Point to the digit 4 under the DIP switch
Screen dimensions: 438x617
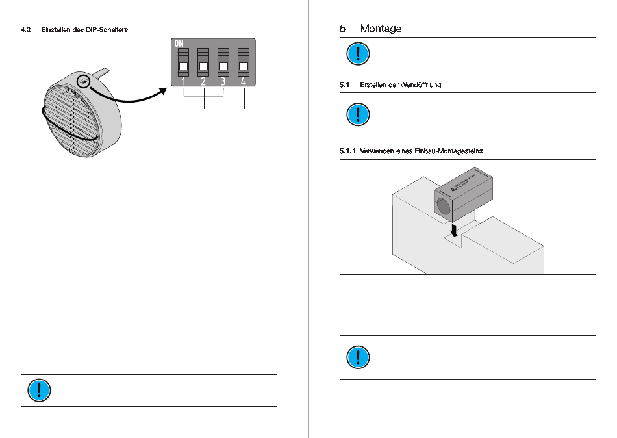point(244,82)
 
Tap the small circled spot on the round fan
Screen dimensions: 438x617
point(82,82)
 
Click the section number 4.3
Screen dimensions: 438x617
point(26,30)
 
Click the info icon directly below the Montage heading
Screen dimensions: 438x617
point(357,53)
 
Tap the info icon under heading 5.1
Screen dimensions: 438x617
point(357,114)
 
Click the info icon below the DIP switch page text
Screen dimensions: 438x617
point(39,390)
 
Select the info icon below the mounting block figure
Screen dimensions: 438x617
point(357,357)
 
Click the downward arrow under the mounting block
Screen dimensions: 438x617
point(455,230)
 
